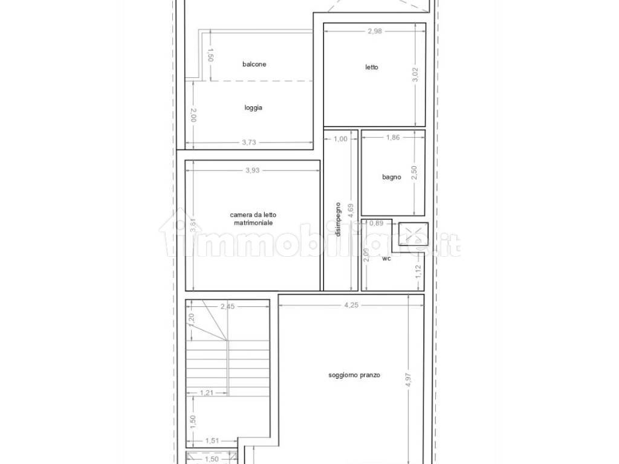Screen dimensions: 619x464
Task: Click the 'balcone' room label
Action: [x=254, y=64]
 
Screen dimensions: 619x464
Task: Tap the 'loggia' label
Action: [x=253, y=108]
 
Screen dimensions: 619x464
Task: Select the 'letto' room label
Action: [x=372, y=67]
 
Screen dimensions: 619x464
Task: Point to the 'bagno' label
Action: [x=392, y=177]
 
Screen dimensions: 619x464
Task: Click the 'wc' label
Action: [x=386, y=259]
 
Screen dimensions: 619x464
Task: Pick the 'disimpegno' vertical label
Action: [x=338, y=219]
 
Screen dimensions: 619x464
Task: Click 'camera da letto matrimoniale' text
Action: [x=253, y=219]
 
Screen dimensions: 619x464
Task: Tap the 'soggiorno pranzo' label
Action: [x=354, y=375]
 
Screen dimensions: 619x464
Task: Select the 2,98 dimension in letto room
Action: [x=375, y=31]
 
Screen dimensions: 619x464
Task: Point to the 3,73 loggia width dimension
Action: [x=248, y=143]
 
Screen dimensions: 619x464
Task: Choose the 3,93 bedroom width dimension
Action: [x=252, y=170]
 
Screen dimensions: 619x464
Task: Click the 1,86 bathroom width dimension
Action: [x=393, y=137]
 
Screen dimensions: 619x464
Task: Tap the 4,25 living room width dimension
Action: [x=351, y=305]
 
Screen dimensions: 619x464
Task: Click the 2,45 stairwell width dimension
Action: [x=227, y=306]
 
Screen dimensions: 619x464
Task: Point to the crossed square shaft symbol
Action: [x=413, y=234]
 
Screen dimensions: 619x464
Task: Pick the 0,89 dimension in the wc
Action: [x=376, y=224]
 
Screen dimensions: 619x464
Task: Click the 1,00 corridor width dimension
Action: [x=340, y=139]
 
